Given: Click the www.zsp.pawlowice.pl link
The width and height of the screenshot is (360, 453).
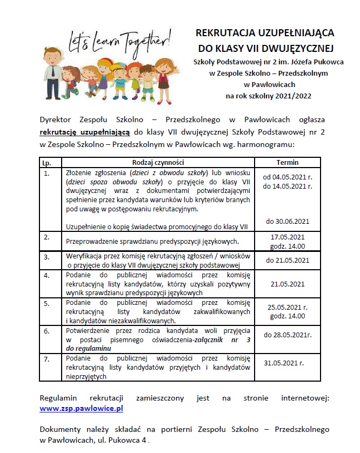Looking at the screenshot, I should (x=82, y=409).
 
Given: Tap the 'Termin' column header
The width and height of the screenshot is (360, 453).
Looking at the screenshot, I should (x=287, y=162).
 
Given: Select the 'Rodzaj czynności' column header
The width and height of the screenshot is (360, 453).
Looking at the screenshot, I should (x=158, y=162).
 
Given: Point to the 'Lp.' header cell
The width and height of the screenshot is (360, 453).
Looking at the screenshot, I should (x=46, y=162).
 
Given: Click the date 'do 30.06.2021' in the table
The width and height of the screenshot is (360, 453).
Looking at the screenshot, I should (x=288, y=221).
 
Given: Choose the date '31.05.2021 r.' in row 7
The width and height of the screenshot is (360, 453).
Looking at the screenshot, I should (x=288, y=363).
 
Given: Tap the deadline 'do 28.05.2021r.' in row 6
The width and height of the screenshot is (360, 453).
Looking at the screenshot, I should (x=288, y=335).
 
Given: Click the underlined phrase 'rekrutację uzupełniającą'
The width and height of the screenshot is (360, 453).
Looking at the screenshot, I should (x=85, y=131).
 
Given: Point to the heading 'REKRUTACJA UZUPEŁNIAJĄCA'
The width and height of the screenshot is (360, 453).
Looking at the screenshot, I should (x=264, y=32).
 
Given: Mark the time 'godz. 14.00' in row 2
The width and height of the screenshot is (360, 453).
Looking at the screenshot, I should (x=288, y=246).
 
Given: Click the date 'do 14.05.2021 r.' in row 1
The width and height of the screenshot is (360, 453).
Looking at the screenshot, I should (x=288, y=186).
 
